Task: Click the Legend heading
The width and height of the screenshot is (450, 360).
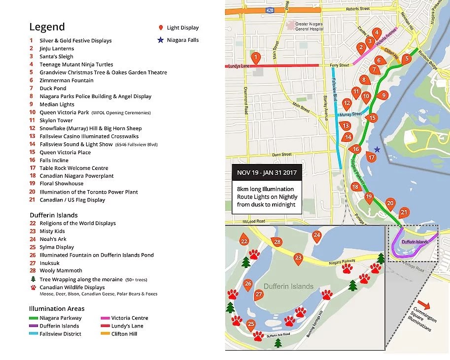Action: [47, 27]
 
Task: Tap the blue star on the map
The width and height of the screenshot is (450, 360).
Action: [377, 149]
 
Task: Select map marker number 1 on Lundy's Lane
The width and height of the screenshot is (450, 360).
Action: [255, 59]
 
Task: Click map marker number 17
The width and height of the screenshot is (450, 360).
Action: [372, 157]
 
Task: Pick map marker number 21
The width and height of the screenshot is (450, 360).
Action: [404, 212]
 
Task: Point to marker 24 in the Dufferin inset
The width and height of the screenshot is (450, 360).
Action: [317, 236]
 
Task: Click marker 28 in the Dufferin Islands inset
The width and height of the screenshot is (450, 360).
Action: [277, 242]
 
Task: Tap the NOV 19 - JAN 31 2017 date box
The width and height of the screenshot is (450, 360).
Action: [267, 173]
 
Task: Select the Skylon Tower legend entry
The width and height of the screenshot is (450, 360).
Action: [56, 120]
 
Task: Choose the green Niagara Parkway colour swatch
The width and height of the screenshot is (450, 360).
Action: [34, 318]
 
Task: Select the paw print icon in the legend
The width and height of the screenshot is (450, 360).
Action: [33, 287]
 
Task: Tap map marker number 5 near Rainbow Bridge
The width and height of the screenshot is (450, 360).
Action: [406, 59]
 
